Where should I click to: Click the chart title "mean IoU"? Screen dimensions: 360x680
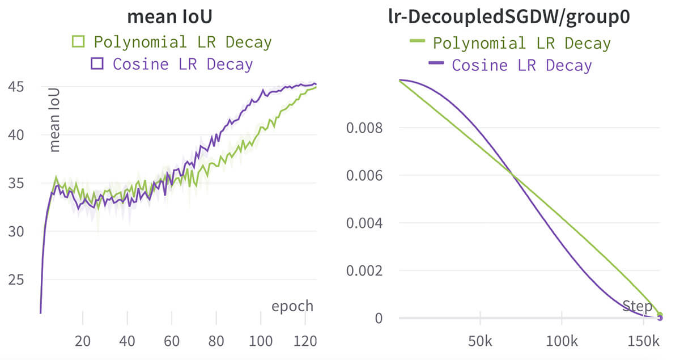click(x=169, y=16)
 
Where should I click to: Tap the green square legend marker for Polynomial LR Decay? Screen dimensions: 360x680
click(x=78, y=41)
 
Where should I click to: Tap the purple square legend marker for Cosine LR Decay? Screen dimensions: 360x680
click(x=97, y=63)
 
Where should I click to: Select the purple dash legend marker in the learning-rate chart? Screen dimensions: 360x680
click(x=436, y=64)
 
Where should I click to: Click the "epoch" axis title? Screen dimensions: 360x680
click(x=292, y=306)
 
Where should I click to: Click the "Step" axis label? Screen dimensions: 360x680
click(x=637, y=307)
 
